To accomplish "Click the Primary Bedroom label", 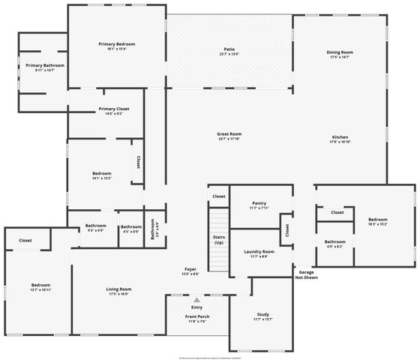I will point(117,44).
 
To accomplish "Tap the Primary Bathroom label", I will point(45,66).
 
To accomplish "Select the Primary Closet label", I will point(114,109).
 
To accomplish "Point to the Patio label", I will point(229,49).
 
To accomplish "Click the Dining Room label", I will point(340,52).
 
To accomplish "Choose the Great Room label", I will point(229,133).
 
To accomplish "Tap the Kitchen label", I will point(340,137).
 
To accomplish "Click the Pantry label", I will point(259,203).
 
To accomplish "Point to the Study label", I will point(262,315).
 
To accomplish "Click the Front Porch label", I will point(197,316).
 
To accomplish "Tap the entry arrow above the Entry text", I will point(197,299).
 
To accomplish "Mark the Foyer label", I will point(191,269).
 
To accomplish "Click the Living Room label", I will point(120,289).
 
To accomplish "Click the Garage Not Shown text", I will point(306,274).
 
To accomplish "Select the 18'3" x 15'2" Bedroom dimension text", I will point(377,223).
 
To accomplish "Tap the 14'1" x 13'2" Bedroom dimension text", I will point(101,178).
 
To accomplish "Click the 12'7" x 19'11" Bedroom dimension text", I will point(40,289).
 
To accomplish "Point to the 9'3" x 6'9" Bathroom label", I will point(95,230).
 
